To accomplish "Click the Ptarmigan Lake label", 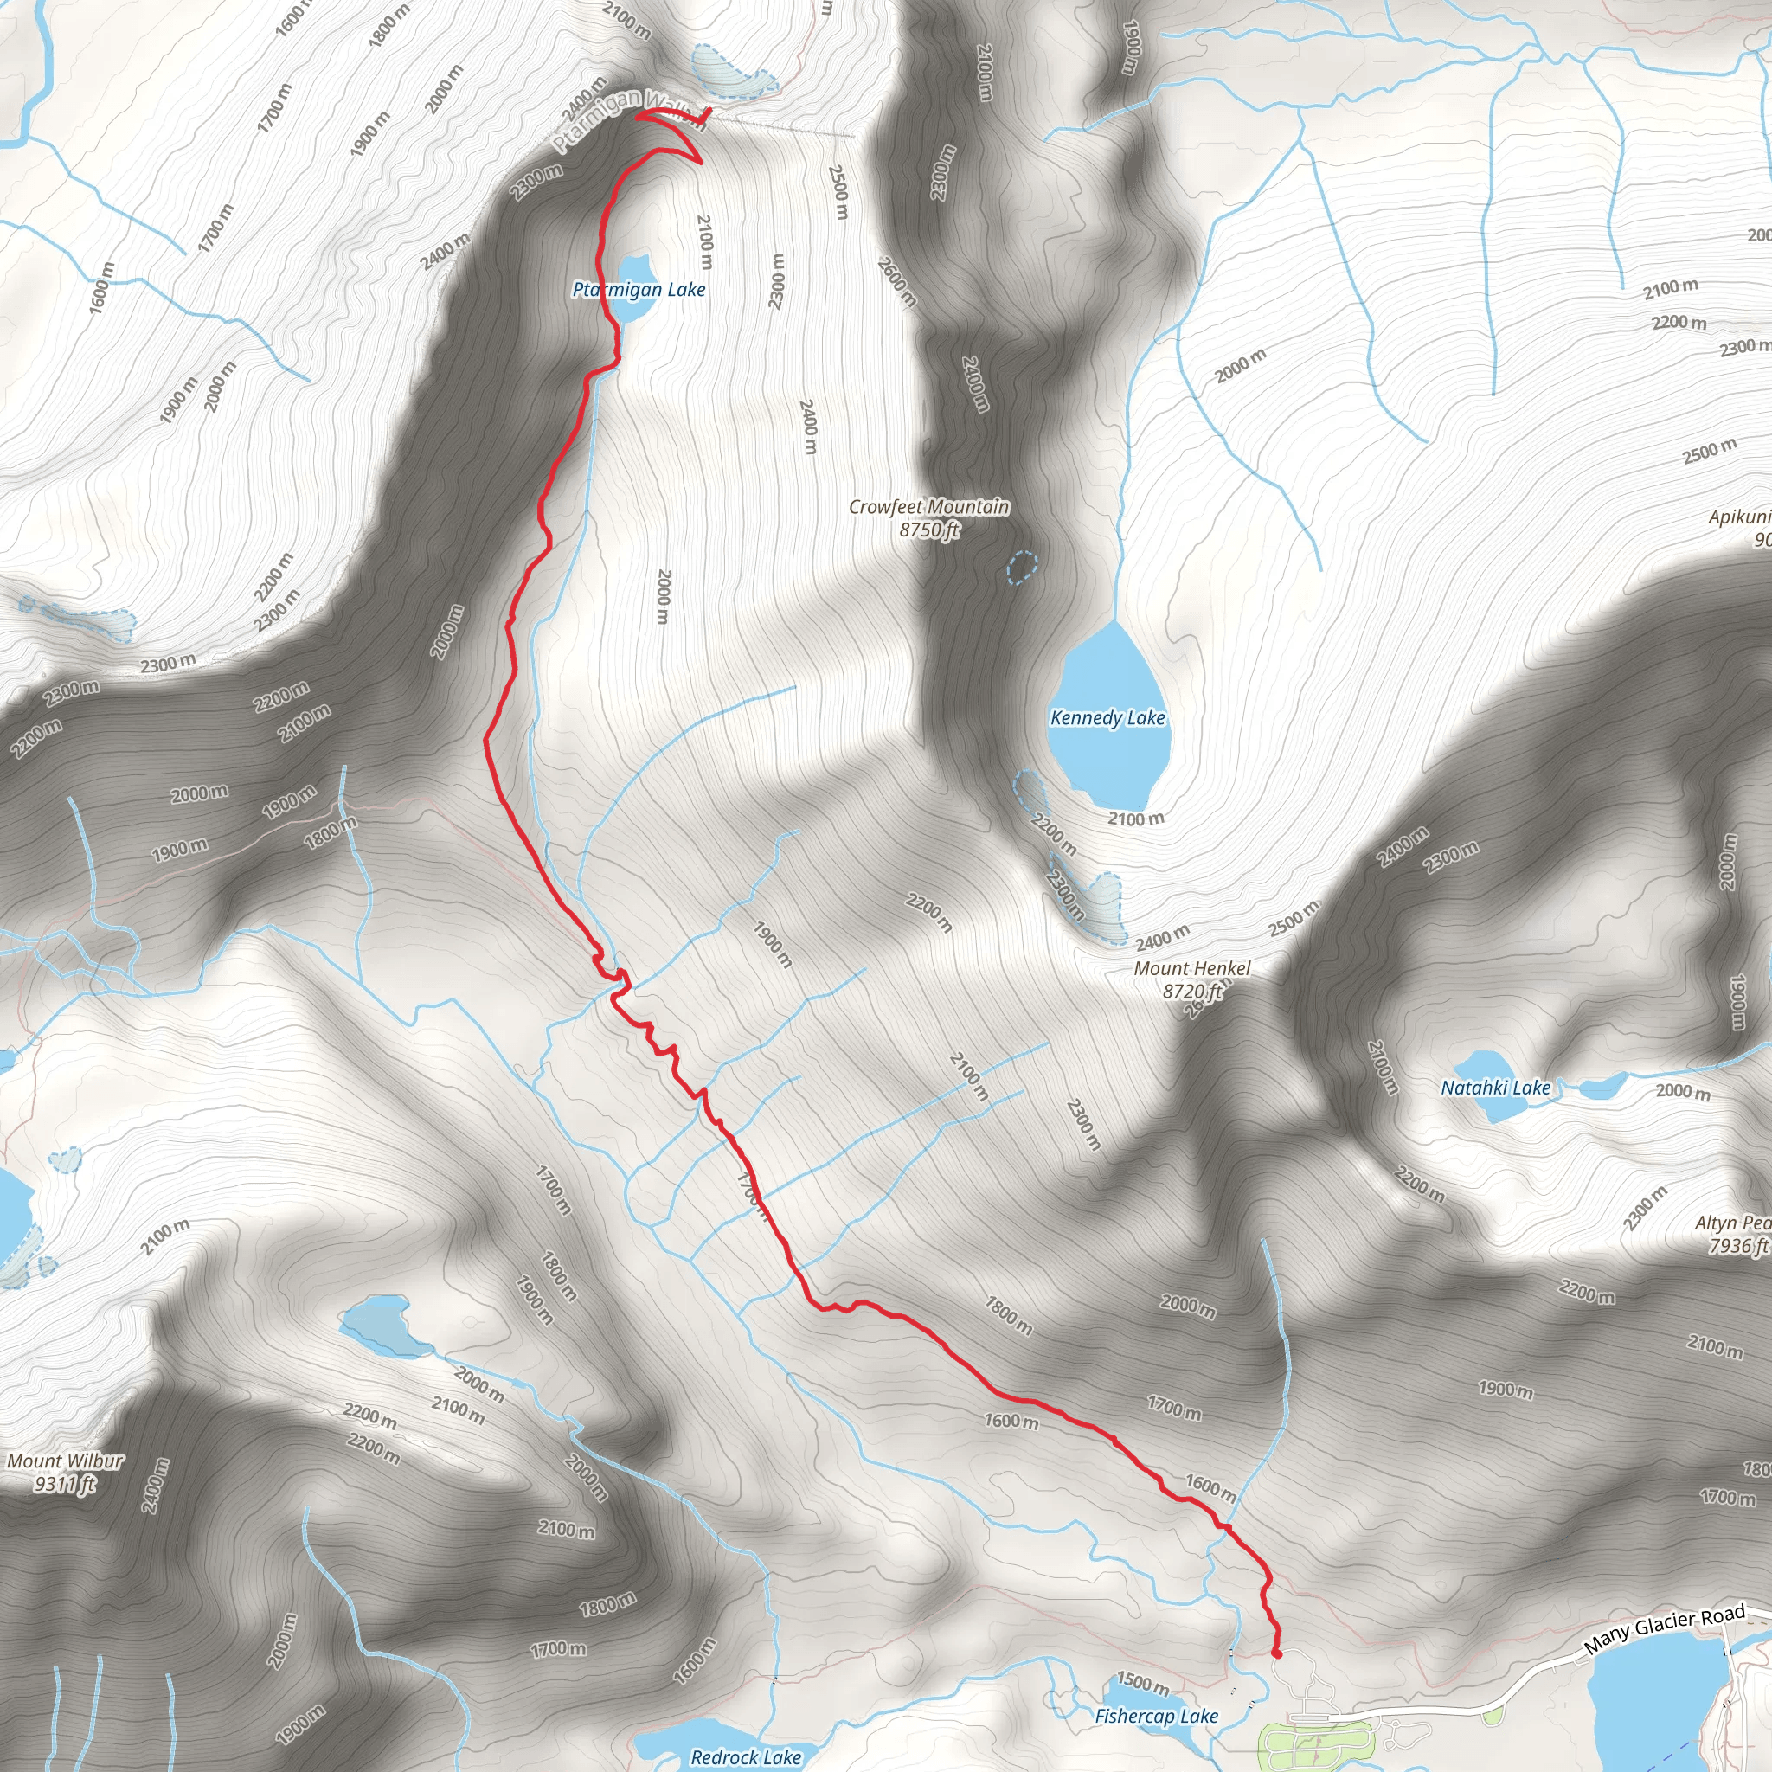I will (639, 290).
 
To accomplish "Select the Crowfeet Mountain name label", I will (928, 507).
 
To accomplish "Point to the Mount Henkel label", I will (1191, 968).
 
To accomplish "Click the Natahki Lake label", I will (1495, 1088).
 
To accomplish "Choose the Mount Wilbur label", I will (65, 1461).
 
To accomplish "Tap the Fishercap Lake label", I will (1156, 1716).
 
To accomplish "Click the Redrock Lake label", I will (746, 1757).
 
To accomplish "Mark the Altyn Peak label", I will (1732, 1223).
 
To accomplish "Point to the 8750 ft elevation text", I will (928, 530).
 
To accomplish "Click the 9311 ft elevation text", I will (65, 1484).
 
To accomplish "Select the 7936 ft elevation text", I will (1737, 1246).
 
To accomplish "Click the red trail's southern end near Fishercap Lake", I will (1277, 1653).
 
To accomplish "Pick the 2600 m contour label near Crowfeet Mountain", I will (896, 280).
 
